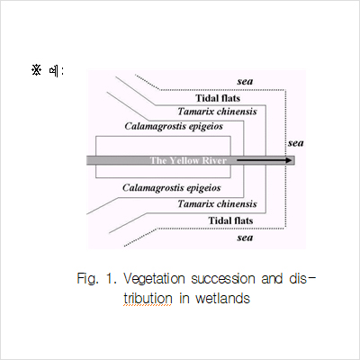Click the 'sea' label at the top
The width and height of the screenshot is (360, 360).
tap(245, 81)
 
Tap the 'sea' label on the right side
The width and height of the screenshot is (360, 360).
tap(296, 143)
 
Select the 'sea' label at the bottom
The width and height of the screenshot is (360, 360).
tap(245, 238)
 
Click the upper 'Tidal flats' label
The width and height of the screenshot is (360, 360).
tap(218, 98)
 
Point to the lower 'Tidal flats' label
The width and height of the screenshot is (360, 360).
tap(230, 220)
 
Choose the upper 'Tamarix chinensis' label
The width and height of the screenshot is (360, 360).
tap(217, 112)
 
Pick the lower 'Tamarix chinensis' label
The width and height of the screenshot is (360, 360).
tap(217, 204)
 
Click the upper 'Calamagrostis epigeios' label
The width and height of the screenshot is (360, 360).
tap(174, 126)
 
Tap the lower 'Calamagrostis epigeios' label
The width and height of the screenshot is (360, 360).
tap(172, 188)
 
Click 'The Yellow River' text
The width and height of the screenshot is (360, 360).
tap(188, 160)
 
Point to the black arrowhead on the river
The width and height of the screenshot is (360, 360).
tap(288, 160)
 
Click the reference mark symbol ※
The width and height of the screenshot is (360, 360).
tap(36, 70)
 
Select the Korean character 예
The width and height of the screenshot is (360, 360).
tap(54, 71)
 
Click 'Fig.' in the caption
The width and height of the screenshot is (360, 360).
tap(87, 279)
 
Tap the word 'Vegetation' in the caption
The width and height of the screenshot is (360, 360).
tap(154, 279)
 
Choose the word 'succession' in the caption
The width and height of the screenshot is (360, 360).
tap(223, 279)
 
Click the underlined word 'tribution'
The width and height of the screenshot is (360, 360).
tap(148, 299)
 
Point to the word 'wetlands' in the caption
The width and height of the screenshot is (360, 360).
tap(222, 299)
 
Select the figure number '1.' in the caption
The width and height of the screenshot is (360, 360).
tap(111, 279)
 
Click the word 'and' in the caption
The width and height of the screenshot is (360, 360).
tap(272, 279)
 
